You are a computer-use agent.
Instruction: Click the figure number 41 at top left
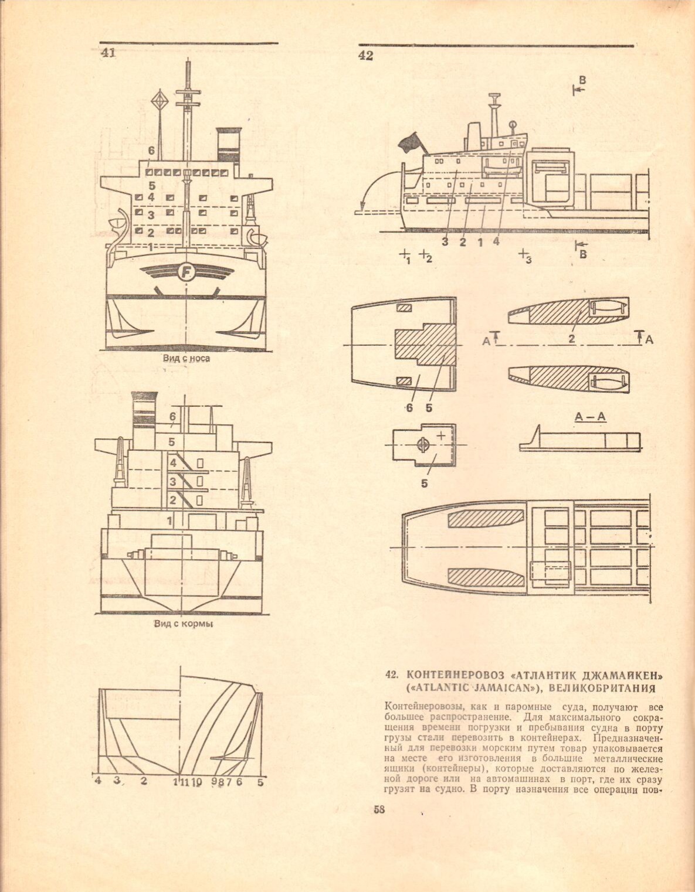tap(107, 53)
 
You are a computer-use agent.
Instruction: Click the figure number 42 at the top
tap(365, 56)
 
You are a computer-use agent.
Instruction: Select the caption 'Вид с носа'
tap(186, 359)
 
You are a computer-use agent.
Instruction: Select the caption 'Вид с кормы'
tap(184, 624)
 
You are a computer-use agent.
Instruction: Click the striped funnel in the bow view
tap(229, 144)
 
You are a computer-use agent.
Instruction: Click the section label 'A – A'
tap(590, 417)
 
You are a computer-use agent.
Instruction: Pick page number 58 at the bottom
tap(379, 810)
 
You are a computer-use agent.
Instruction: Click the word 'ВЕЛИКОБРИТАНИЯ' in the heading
tap(607, 686)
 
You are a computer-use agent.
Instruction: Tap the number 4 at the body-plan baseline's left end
tap(97, 781)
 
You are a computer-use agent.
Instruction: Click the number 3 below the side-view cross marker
tap(528, 261)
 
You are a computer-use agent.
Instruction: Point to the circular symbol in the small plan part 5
tap(423, 445)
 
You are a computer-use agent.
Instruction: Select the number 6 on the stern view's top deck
tap(172, 417)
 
